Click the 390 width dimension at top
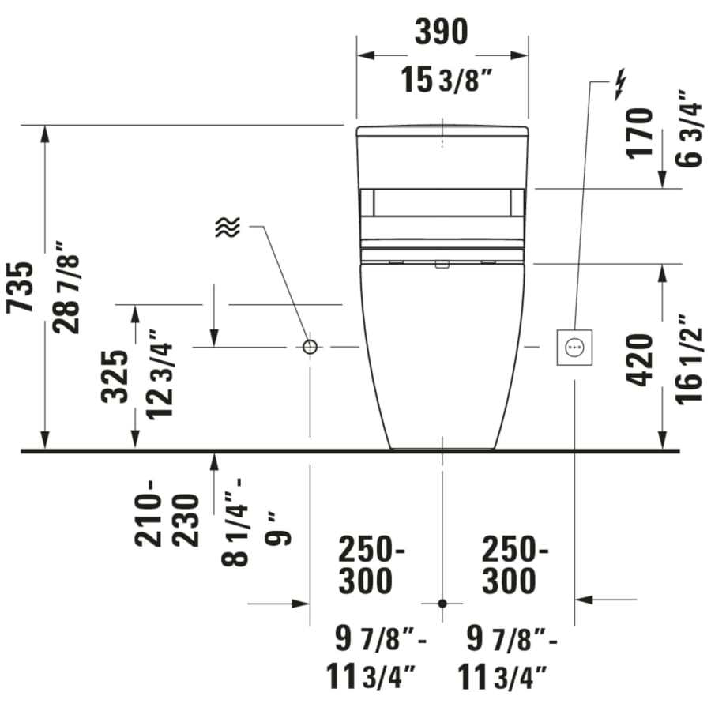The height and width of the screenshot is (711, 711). click(442, 31)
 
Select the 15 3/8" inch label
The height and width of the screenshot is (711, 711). click(442, 81)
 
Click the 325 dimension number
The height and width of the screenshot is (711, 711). click(115, 376)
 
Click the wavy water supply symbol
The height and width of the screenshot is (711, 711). click(227, 228)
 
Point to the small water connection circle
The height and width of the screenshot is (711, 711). click(310, 347)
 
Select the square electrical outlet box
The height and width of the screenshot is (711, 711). click(574, 347)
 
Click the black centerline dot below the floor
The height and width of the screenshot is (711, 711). click(442, 604)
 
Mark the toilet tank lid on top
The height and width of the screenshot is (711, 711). click(442, 131)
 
